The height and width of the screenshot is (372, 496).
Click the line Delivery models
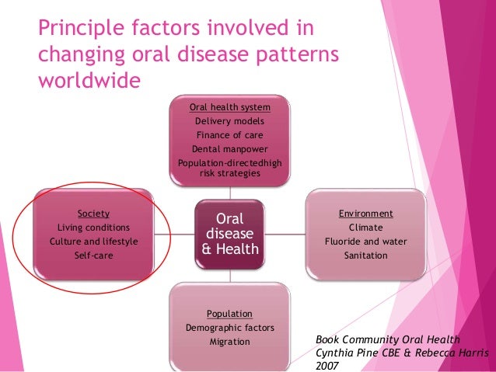(229, 121)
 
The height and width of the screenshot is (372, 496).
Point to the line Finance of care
(229, 135)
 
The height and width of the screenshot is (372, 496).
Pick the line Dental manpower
(229, 149)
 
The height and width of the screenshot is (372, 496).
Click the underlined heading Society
(93, 213)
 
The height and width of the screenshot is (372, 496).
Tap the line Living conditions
(93, 227)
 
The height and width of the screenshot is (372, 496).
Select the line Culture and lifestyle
(93, 241)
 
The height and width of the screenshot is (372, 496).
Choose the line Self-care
(93, 255)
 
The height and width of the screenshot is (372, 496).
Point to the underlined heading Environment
(365, 213)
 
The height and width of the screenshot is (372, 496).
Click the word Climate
(365, 227)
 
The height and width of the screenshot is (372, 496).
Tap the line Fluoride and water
(365, 241)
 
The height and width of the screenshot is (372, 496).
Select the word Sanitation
(365, 255)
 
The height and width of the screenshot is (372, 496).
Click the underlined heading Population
(229, 314)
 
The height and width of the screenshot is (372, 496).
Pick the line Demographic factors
(229, 328)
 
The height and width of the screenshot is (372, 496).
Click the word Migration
(229, 342)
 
